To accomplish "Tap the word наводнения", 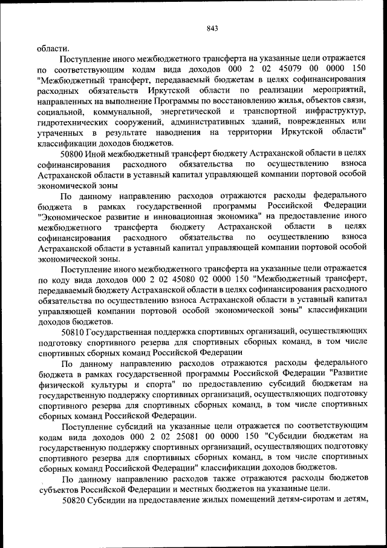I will [x=182, y=132].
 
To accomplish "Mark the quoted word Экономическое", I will [x=66, y=216].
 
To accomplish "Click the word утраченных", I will [x=59, y=132].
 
